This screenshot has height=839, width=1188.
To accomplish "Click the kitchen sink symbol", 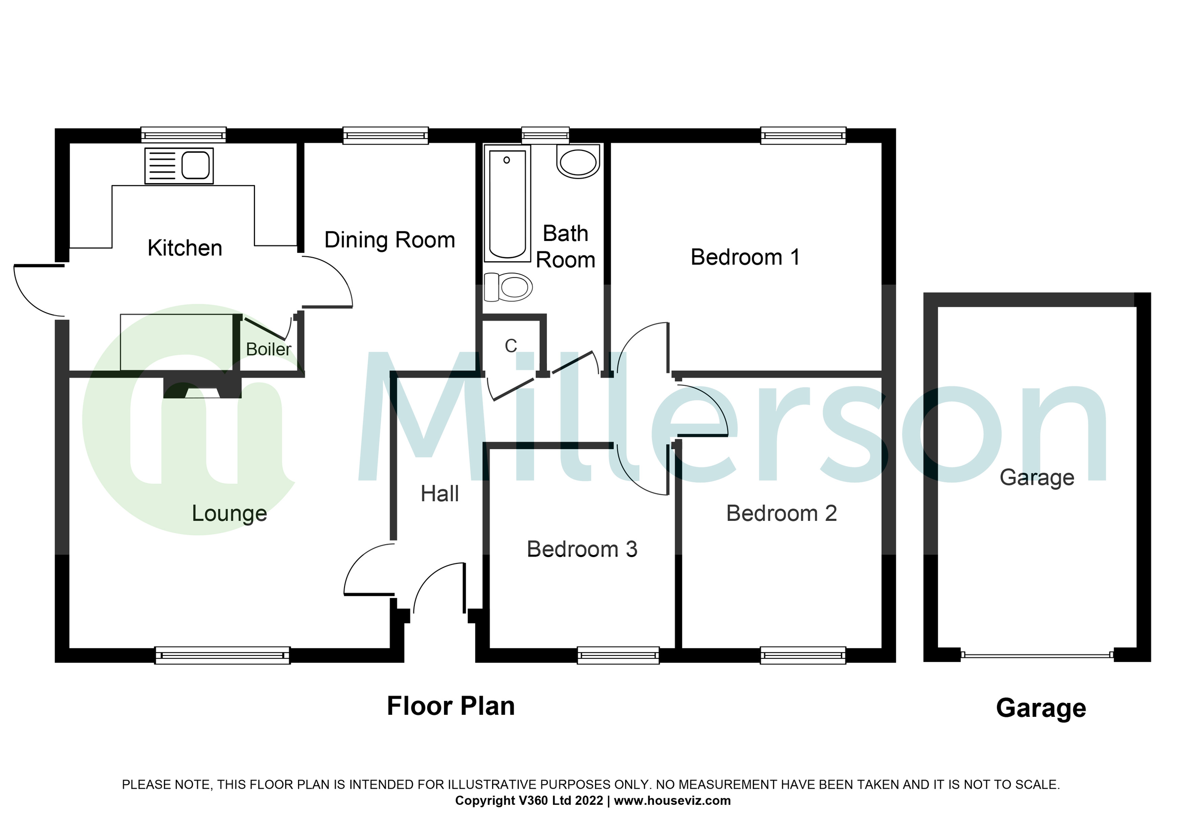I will click(179, 166).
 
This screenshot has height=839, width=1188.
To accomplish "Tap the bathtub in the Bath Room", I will click(507, 204).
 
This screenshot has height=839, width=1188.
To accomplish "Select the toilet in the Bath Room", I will click(508, 287).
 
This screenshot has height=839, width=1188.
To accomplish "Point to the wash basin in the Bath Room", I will click(578, 162).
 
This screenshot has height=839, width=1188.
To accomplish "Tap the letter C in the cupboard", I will click(511, 346).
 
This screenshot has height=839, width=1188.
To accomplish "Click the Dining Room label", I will click(389, 240).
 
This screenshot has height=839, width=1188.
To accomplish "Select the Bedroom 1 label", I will click(745, 257).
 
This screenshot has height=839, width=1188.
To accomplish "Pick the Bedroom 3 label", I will click(582, 550).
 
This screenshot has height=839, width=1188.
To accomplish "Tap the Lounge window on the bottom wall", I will click(222, 655).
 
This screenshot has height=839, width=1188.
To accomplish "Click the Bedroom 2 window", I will click(802, 655).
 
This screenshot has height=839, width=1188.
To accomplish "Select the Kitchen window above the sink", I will click(184, 136).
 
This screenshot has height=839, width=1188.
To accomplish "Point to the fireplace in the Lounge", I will click(202, 388).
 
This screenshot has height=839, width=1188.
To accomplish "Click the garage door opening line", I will click(1037, 655).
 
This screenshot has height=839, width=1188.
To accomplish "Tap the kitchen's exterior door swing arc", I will click(31, 297).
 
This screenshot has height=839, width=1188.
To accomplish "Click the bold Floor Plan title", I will click(450, 706).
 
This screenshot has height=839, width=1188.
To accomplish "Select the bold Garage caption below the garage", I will click(1040, 708).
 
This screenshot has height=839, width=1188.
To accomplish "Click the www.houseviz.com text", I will click(672, 801).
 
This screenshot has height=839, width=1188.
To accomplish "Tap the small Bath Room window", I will click(545, 136).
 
